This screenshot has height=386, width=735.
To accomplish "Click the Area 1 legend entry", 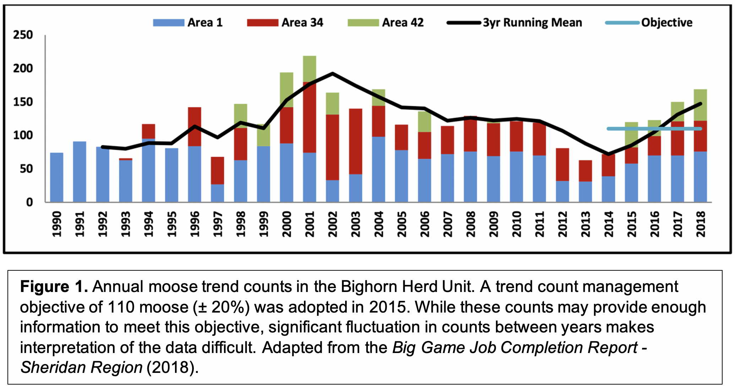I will click(x=188, y=23).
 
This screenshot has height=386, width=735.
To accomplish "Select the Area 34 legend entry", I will click(x=285, y=23).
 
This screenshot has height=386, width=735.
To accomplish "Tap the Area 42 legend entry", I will click(x=386, y=23).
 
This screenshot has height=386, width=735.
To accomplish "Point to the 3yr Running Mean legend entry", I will click(x=515, y=23).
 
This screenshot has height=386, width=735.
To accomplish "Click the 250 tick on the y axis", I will click(x=23, y=35).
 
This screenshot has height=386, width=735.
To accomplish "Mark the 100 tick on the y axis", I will click(x=23, y=136).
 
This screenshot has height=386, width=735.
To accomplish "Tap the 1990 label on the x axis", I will click(x=57, y=224).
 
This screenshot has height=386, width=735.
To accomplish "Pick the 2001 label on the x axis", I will click(x=310, y=224).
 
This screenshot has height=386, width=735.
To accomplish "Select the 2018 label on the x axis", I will click(x=701, y=224).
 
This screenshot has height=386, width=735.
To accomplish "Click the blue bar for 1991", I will click(x=80, y=172).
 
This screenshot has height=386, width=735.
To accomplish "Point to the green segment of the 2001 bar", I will click(x=310, y=69).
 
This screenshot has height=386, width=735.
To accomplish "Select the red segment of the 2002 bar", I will click(x=332, y=147).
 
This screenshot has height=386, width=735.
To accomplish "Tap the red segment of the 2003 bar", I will click(x=355, y=141).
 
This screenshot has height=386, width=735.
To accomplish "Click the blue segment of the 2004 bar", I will click(x=379, y=169).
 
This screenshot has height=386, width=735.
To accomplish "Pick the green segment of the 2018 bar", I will click(x=700, y=105).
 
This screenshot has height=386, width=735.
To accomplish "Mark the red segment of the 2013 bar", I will click(x=585, y=171).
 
